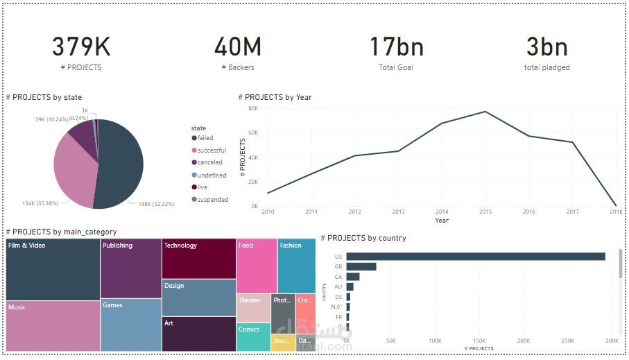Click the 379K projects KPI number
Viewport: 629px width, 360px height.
coord(81,47)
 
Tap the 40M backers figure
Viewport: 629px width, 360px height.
coord(237,47)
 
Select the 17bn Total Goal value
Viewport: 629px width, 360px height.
coord(396,47)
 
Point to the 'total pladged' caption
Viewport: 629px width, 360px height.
coord(546,67)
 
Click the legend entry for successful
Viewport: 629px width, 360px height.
coord(211,151)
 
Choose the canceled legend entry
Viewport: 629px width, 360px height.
coord(209,162)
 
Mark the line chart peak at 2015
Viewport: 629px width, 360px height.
coord(485,112)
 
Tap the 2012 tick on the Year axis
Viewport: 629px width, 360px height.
coord(354,212)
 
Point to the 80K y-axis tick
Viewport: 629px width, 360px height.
coord(252,108)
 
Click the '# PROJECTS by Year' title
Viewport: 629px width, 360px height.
coord(275,98)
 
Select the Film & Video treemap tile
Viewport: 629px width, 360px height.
coord(53,270)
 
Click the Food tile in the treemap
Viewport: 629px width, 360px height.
coord(257,266)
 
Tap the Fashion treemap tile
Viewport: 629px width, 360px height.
coord(297,266)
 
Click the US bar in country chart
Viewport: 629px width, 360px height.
coord(475,257)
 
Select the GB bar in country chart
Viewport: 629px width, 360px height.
coord(361,266)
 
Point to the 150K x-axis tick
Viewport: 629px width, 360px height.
coord(479,341)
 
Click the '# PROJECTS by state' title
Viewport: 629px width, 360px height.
coord(44,98)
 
